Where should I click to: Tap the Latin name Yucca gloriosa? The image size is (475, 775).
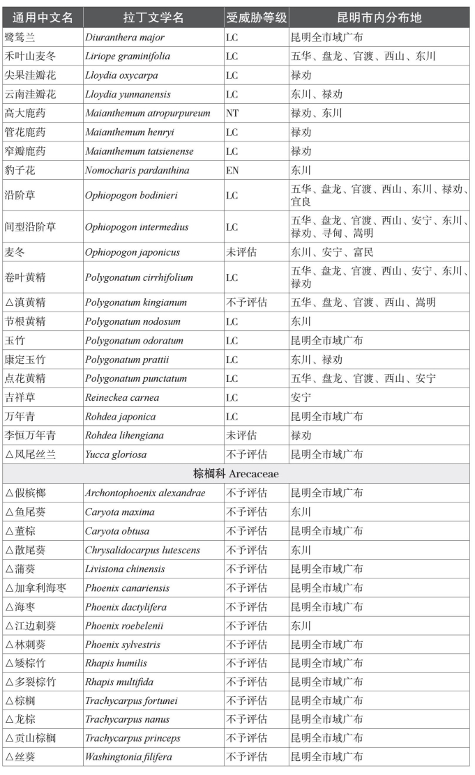pos(116,454)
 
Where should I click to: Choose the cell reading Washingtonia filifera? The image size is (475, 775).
pos(128,757)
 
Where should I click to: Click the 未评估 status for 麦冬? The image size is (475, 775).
pos(241,252)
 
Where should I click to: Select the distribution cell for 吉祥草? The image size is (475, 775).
pos(301,398)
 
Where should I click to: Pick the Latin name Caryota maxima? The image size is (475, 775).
pos(120,512)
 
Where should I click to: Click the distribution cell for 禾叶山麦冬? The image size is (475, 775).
pos(363,56)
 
